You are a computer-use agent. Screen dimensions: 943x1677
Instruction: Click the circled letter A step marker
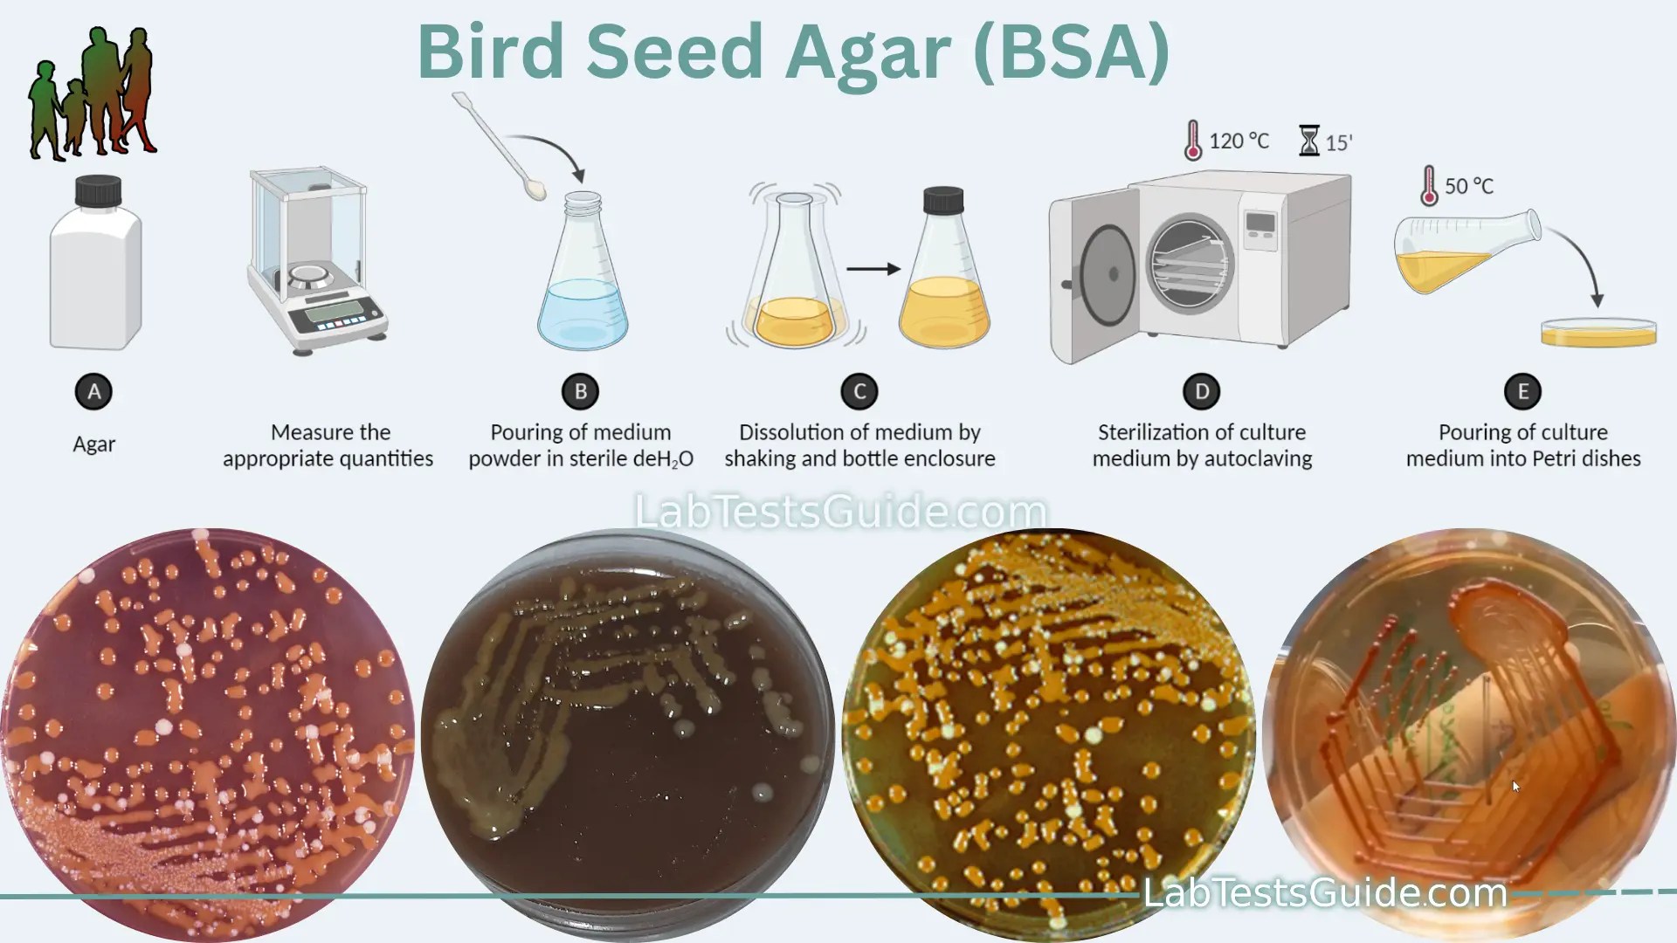93,391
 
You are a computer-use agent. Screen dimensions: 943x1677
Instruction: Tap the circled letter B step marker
580,391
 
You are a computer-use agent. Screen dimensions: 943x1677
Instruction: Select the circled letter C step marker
859,391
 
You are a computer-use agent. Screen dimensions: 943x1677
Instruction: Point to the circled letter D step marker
1202,391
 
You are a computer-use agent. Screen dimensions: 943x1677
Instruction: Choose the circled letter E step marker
1522,391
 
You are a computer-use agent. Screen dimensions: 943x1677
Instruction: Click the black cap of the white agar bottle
98,191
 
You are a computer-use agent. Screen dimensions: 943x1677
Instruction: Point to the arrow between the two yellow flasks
873,269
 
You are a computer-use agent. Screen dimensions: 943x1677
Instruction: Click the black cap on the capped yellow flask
943,200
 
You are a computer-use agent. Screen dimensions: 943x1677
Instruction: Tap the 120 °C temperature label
1238,141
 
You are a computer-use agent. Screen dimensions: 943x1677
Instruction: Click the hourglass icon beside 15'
1308,141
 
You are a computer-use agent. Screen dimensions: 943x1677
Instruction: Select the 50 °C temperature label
1468,186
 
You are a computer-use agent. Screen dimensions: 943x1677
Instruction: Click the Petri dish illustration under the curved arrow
1598,334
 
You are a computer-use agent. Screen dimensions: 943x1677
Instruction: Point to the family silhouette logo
93,94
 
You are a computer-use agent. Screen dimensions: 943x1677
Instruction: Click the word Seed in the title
674,52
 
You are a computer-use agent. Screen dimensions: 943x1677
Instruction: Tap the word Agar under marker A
93,444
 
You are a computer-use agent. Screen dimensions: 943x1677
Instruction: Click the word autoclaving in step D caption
1259,458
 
